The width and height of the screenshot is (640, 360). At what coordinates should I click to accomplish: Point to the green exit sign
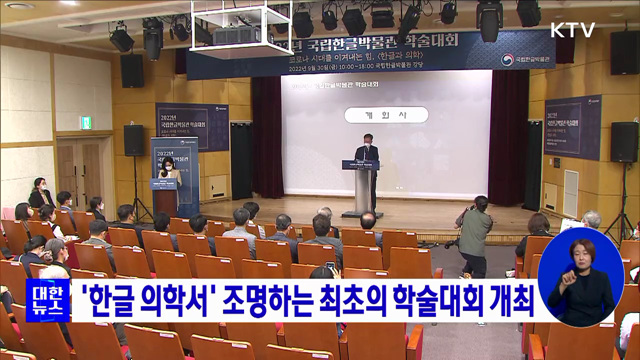click(86, 122)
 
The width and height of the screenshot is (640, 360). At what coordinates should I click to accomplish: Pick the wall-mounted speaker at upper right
click(625, 52)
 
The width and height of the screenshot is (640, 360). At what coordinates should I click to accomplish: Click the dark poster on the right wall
click(572, 127)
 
